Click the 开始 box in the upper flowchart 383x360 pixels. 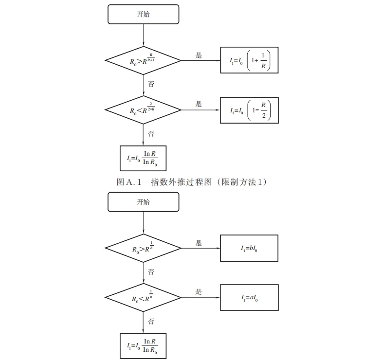[143, 14]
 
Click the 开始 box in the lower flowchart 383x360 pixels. [143, 201]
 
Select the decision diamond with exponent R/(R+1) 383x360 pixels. [144, 60]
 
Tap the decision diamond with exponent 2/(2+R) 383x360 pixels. [144, 110]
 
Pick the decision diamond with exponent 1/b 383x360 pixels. [144, 249]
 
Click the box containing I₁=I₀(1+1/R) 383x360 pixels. [249, 60]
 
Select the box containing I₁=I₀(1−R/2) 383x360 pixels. [249, 110]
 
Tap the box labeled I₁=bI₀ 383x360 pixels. [249, 249]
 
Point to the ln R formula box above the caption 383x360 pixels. [143, 158]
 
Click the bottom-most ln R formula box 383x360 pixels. [143, 345]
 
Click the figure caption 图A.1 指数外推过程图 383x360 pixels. [193, 182]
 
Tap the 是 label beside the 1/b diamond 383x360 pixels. [199, 243]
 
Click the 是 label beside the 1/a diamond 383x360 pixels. [199, 292]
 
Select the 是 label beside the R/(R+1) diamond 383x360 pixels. [199, 55]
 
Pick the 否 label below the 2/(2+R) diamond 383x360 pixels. [151, 133]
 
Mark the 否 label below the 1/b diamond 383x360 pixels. [151, 271]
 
